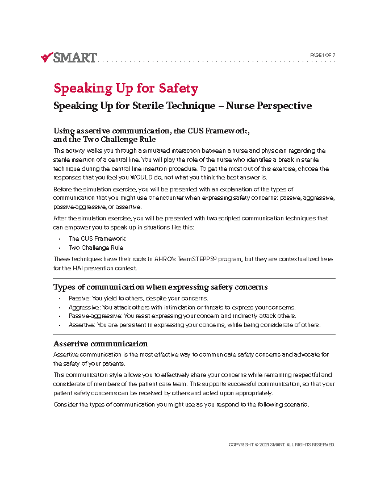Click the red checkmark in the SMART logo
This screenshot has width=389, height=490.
point(47,57)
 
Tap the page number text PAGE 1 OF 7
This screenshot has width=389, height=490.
point(323,55)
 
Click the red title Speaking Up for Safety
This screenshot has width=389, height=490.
point(126,89)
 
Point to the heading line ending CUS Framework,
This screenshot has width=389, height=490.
point(152,131)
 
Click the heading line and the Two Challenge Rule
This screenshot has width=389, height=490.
point(104,139)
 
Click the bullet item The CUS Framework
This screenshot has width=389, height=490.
point(97,238)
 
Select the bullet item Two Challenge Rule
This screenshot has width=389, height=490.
point(96,248)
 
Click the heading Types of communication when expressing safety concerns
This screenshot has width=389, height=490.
point(160,287)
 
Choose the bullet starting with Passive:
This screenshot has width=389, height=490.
point(139,298)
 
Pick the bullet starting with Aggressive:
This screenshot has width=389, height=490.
point(182,307)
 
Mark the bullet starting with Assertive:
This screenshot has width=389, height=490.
point(195,325)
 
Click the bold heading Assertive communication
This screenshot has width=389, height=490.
point(101,344)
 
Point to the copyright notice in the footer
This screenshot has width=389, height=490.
point(282,445)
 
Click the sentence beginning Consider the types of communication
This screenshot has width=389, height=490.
point(181,405)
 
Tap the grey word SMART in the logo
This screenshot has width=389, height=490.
point(75,57)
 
